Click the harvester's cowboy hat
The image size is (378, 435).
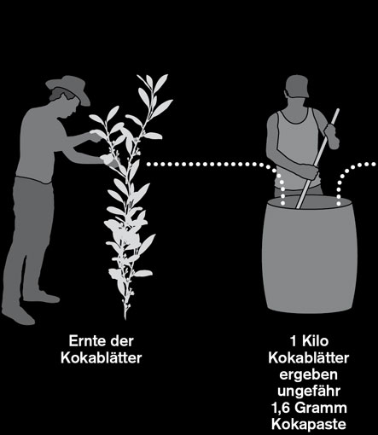pyautogui.click(x=69, y=88)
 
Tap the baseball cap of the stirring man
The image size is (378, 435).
pyautogui.click(x=297, y=86)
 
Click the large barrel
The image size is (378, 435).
pyautogui.click(x=309, y=254)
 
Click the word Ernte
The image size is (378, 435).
pyautogui.click(x=87, y=341)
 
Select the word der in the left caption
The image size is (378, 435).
pyautogui.click(x=122, y=341)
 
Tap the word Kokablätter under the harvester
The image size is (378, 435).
pyautogui.click(x=102, y=357)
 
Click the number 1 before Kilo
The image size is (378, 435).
pyautogui.click(x=294, y=341)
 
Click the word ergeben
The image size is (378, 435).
pyautogui.click(x=309, y=374)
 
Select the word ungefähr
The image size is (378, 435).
pyautogui.click(x=309, y=391)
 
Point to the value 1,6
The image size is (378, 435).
pyautogui.click(x=281, y=409)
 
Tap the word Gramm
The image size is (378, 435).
pyautogui.click(x=321, y=409)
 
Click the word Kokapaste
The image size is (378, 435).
pyautogui.click(x=309, y=425)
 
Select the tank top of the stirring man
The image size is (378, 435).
pyautogui.click(x=297, y=148)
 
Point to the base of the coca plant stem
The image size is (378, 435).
pyautogui.click(x=125, y=318)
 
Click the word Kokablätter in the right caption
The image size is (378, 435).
pyautogui.click(x=309, y=357)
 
